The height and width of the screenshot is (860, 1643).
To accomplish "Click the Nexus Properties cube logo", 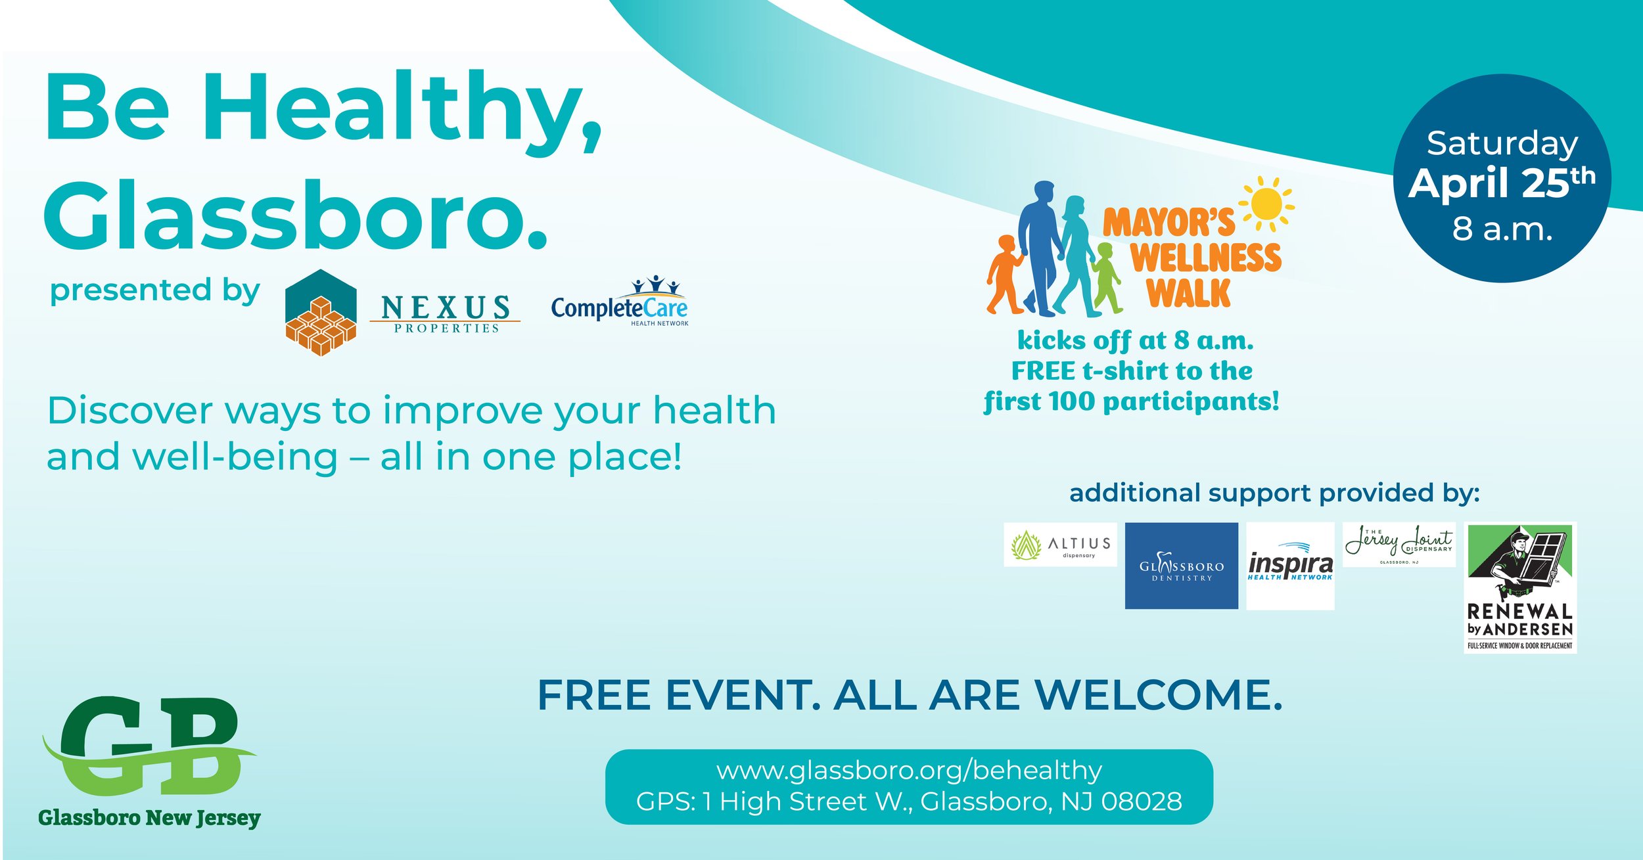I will click(321, 313).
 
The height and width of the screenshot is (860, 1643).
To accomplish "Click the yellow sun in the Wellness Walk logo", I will click(1266, 204).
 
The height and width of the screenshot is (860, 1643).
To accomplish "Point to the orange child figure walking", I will click(1003, 275).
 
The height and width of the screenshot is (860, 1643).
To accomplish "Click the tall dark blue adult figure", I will click(1040, 246).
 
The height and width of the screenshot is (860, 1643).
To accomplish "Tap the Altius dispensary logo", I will click(1060, 545).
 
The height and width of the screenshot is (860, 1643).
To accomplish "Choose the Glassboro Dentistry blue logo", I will click(1181, 566).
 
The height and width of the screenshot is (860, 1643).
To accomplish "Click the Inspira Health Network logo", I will click(1290, 566).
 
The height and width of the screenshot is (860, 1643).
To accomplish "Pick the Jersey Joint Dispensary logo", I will click(1399, 545).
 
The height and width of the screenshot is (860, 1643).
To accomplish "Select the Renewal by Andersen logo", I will click(1520, 587).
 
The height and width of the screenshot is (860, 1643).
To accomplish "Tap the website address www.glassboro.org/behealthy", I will click(909, 771).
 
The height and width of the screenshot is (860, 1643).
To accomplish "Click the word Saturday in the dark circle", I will click(1502, 143).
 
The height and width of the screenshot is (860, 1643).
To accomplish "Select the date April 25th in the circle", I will click(1502, 183).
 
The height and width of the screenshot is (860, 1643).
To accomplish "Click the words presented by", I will click(155, 291).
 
